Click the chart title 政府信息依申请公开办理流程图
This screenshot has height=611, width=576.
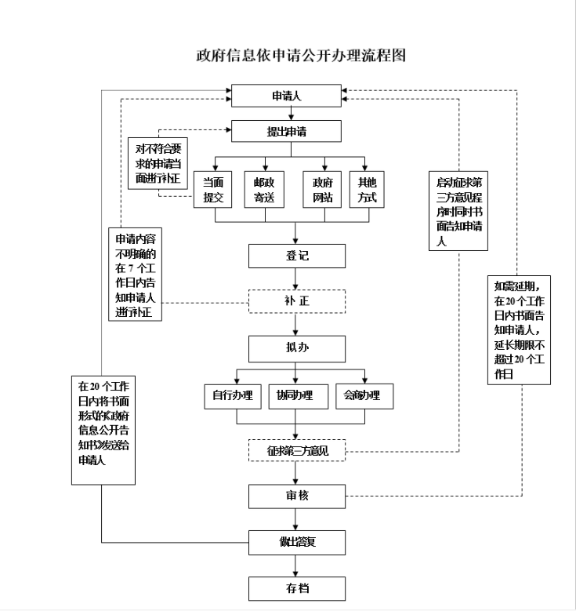(301, 56)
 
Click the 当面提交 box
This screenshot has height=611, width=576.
(213, 190)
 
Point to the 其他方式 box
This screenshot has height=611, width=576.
(368, 190)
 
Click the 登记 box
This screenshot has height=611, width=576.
(296, 256)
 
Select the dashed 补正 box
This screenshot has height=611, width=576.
(296, 301)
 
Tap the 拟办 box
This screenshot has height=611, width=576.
(296, 348)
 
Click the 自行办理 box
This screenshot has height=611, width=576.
(232, 395)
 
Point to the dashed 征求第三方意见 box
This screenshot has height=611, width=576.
(296, 451)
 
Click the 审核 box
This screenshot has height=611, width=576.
(296, 496)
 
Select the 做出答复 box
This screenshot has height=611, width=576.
(296, 541)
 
